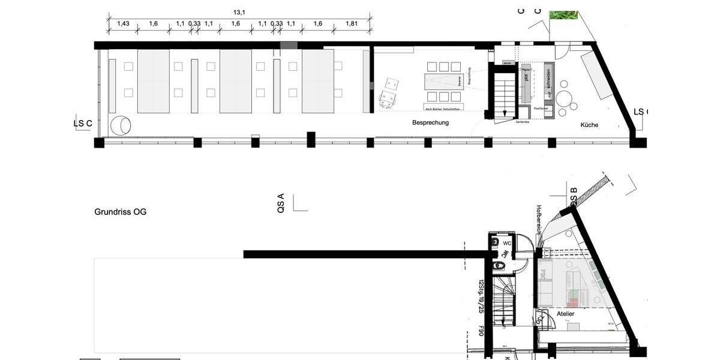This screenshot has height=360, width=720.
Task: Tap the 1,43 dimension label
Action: [x=123, y=23]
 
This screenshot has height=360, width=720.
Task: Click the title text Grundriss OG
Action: [x=120, y=212]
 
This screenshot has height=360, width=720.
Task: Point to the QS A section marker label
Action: [x=281, y=204]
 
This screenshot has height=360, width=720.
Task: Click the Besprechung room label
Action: [x=430, y=122]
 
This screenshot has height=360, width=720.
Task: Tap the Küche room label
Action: [x=589, y=125]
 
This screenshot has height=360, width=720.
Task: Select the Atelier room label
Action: [x=565, y=314]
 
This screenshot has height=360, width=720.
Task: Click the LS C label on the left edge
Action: [x=83, y=124]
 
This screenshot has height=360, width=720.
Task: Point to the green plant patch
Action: [x=563, y=14]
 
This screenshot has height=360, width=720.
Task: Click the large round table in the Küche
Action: [x=565, y=98]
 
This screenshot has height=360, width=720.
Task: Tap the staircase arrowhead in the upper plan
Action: [x=505, y=113]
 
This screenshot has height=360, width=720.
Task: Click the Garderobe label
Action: [x=523, y=121]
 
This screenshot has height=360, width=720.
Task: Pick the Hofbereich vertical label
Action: [x=538, y=220]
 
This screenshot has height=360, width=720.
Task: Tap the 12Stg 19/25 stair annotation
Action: [x=481, y=296]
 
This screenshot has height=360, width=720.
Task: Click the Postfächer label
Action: [x=542, y=108]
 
